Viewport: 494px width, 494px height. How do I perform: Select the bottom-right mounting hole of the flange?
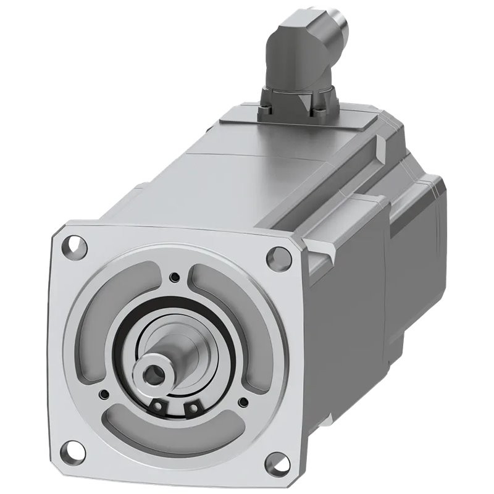(277, 462)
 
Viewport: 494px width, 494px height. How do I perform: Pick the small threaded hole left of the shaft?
(105, 393)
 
